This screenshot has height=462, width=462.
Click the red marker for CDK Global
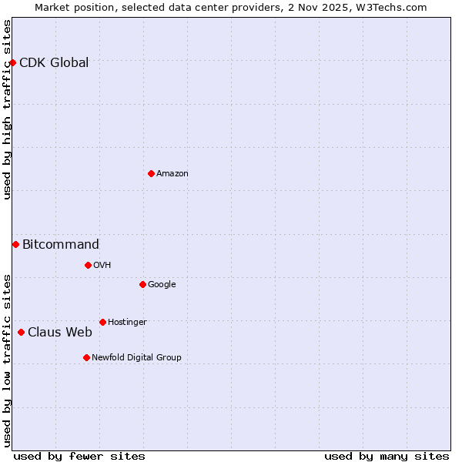click(x=13, y=62)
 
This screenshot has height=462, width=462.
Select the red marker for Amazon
click(x=151, y=173)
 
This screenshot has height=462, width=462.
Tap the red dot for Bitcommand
click(x=15, y=244)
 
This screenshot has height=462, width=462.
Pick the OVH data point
click(x=88, y=265)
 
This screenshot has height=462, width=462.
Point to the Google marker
click(x=142, y=284)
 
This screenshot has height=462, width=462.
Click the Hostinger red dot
click(x=102, y=322)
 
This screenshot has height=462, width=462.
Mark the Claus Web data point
click(x=21, y=332)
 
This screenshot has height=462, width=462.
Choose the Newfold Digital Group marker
click(x=86, y=357)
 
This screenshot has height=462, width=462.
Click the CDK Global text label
click(x=54, y=63)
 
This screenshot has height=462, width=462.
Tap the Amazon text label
click(x=172, y=174)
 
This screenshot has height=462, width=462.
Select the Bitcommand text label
click(x=61, y=245)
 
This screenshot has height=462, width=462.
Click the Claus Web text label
click(x=60, y=333)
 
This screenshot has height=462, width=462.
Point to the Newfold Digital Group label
click(x=137, y=357)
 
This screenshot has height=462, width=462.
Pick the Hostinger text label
click(x=127, y=322)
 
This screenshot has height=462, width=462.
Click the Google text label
click(x=162, y=285)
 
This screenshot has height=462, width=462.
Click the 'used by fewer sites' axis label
click(x=79, y=456)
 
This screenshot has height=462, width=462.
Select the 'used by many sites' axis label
click(x=387, y=456)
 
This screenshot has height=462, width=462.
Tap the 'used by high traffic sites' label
click(x=8, y=109)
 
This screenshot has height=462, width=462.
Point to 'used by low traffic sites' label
click(x=8, y=360)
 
